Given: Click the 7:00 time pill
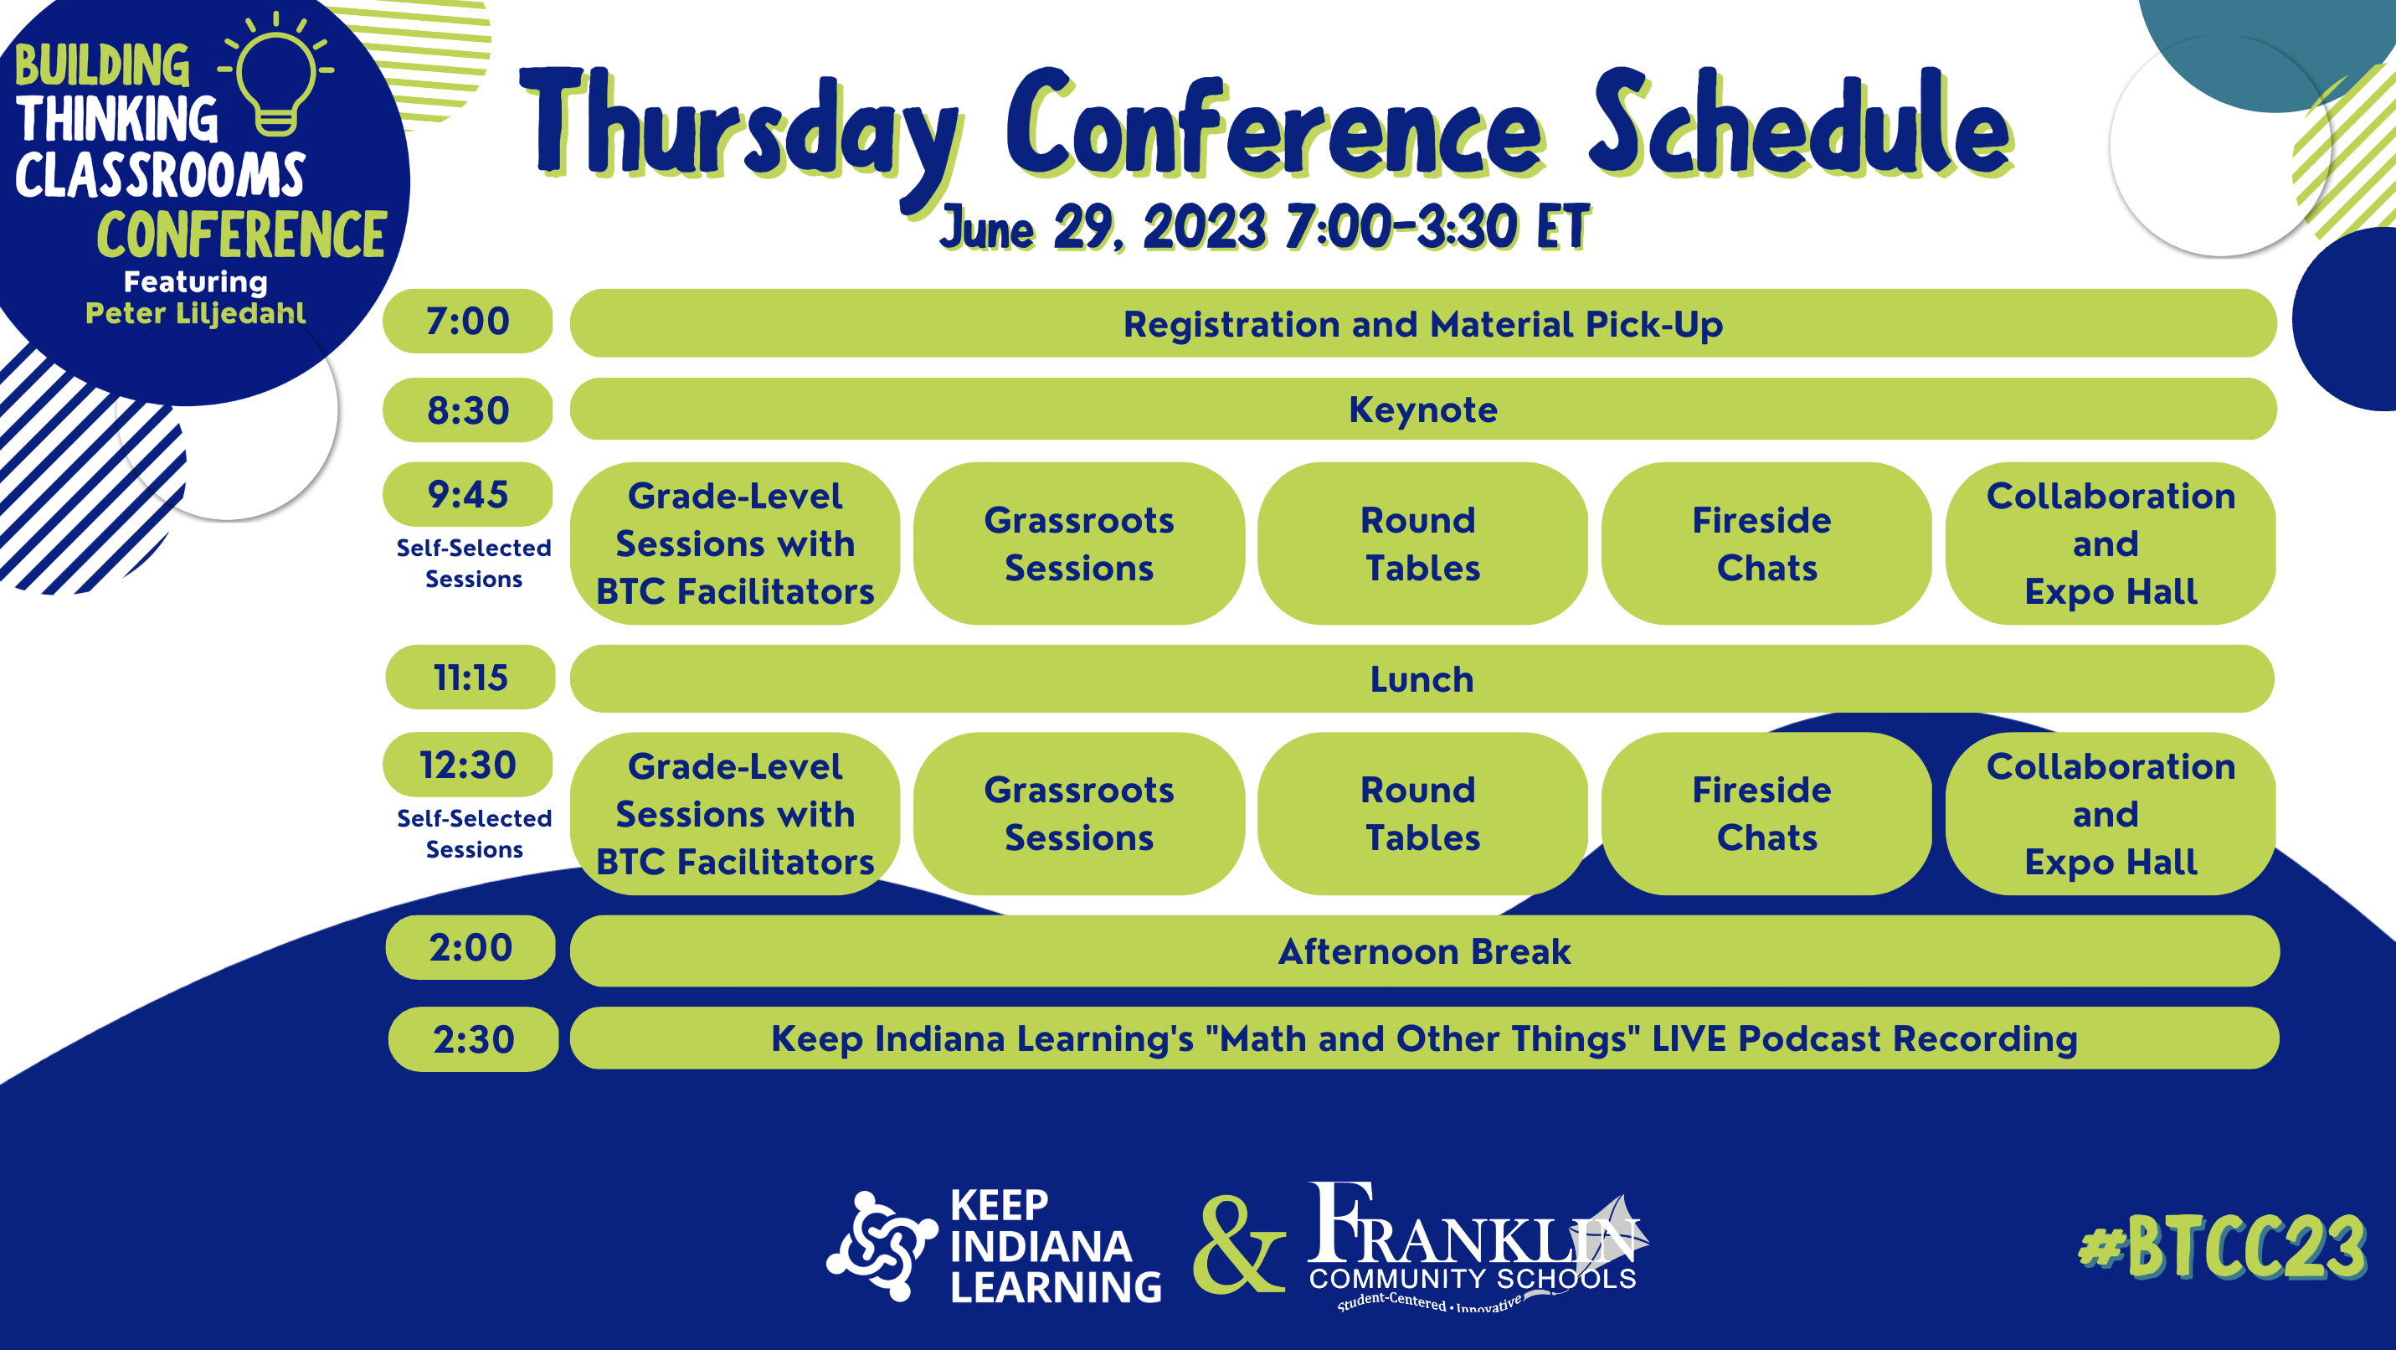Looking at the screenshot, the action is coord(467,321).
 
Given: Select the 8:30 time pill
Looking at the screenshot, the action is coord(467,410).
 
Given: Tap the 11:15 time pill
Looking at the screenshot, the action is coord(470,678).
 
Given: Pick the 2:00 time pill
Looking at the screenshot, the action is coord(470,947).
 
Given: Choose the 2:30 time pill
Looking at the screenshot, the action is coord(474,1039).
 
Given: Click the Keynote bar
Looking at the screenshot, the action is coord(1423,409).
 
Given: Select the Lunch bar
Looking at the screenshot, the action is coord(1422,678).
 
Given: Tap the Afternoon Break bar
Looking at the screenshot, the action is coord(1424,951).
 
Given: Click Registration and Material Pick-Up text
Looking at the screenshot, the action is coord(1423,324).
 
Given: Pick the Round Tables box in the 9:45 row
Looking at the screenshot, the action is coord(1422,544).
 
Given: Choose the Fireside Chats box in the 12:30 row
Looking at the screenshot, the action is coord(1766,813).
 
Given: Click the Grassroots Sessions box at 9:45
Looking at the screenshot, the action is coord(1079,544).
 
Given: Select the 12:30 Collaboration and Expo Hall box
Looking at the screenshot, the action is coord(2111,813).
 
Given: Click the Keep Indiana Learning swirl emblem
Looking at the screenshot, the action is coord(882,1246).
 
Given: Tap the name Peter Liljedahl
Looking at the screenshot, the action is coord(195,313).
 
